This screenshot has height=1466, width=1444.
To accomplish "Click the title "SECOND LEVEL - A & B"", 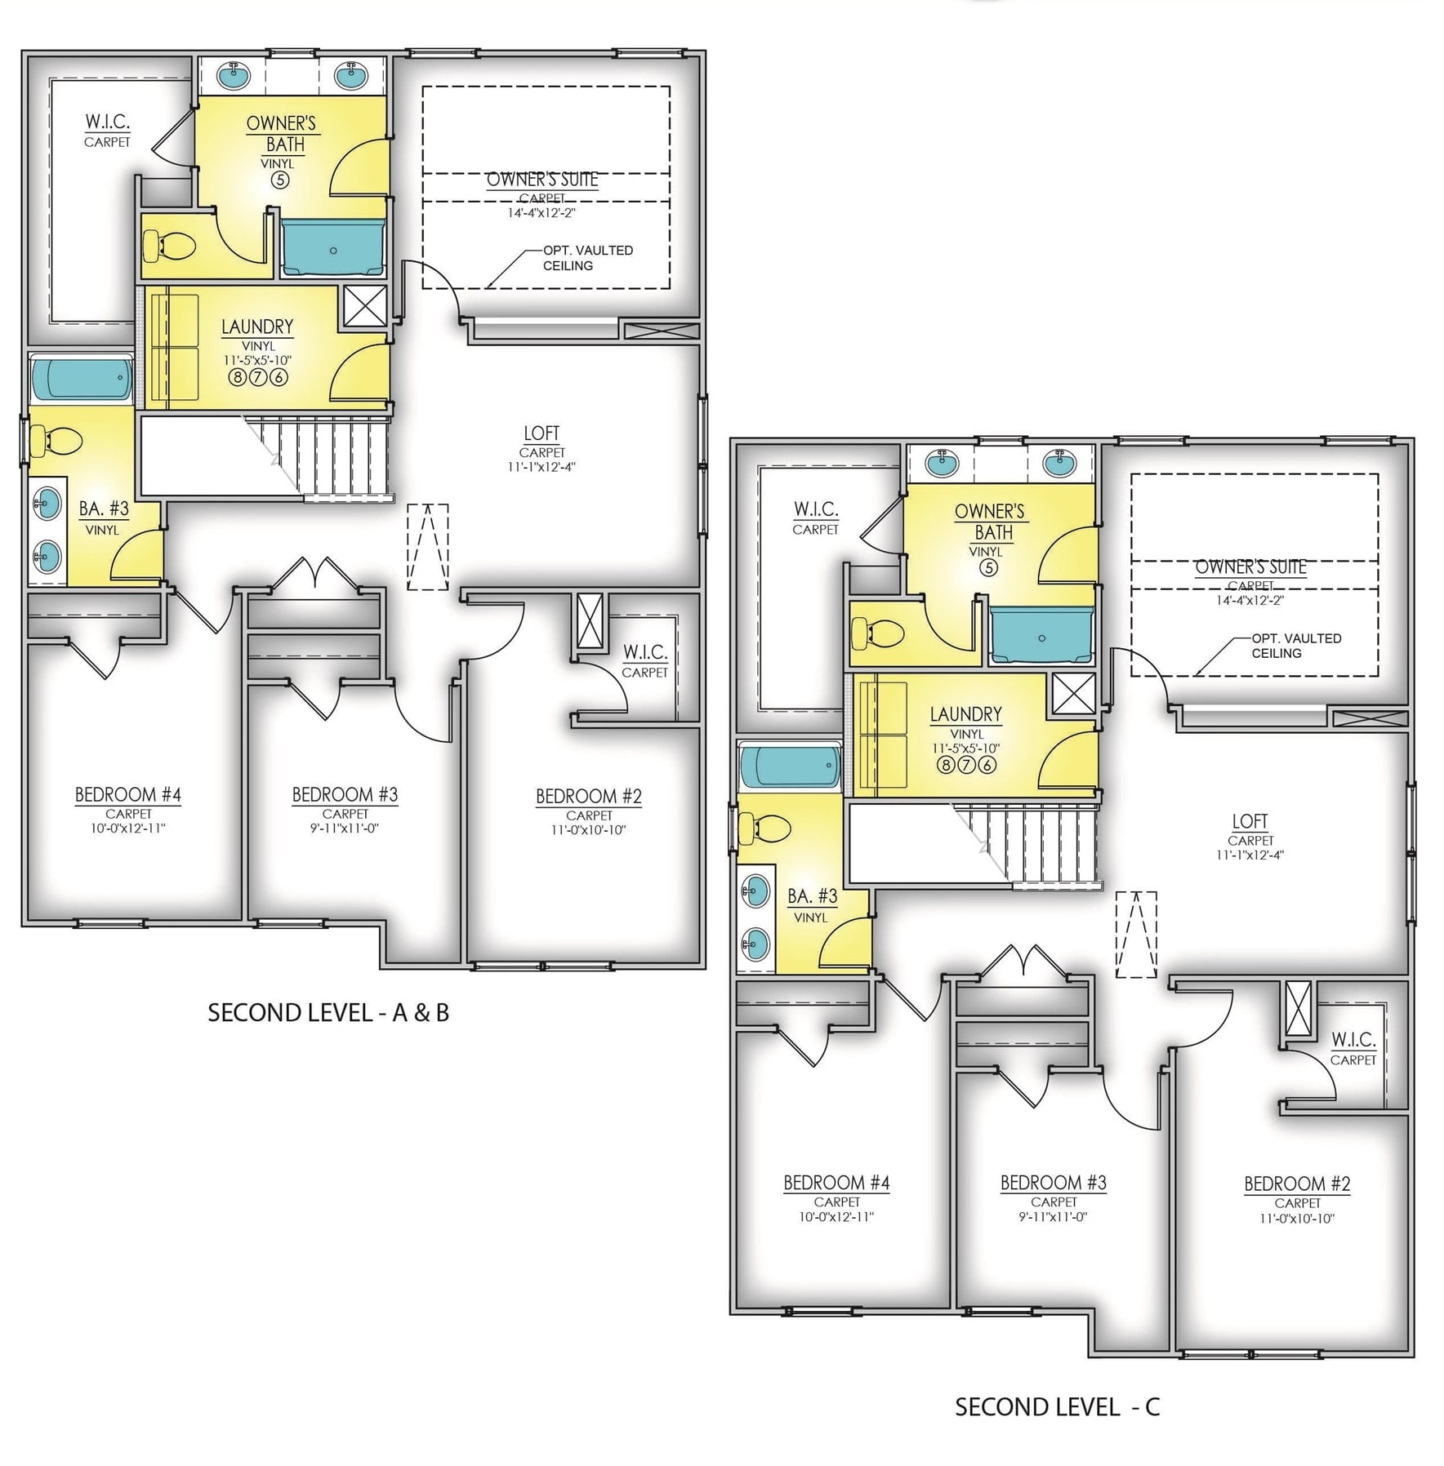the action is pos(328,1013).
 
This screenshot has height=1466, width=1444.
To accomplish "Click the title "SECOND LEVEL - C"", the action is pos(1057,1406).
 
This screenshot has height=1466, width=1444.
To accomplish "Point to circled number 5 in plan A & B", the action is pos(280,180).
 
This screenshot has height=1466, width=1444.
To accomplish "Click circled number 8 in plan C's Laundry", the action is pos(945,765).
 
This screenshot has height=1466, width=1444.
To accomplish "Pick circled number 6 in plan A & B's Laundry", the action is pos(279,377).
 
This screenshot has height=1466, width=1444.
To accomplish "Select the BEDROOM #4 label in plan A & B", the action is pos(128,794).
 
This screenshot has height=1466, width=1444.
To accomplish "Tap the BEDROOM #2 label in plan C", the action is pos(1297,1184).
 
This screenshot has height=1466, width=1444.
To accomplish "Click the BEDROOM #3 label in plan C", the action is pos(1054,1182).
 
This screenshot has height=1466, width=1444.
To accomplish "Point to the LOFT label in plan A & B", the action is pos(541,433).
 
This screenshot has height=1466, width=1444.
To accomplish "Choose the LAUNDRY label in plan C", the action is pos(965,714).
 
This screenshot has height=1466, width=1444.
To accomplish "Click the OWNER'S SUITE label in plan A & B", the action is pos(542,180).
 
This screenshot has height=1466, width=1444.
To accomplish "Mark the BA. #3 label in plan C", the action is pos(813,896).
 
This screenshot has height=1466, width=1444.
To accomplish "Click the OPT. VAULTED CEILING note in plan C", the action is pos(1296,646).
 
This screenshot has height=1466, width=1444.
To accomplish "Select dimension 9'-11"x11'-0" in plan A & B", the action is pos(345,829).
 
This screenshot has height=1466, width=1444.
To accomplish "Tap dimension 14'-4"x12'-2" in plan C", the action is pos(1250,600).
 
